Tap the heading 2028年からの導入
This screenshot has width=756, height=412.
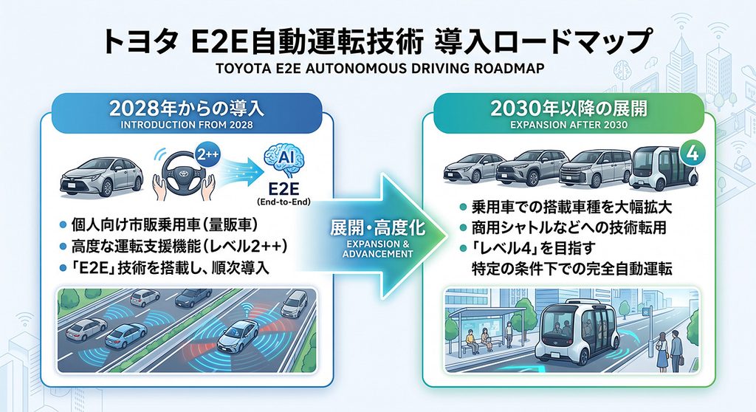[187, 108]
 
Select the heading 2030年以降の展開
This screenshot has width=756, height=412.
[568, 108]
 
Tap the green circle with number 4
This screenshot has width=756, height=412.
[692, 154]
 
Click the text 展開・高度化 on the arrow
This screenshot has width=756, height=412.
[377, 227]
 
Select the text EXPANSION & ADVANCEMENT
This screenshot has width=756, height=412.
[377, 249]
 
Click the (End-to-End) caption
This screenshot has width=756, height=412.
[283, 202]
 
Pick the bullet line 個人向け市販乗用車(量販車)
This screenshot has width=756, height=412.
[159, 224]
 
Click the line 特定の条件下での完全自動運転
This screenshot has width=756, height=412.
[571, 269]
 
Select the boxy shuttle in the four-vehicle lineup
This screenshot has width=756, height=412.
[664, 168]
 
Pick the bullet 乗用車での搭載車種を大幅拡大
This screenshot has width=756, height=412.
[566, 207]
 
